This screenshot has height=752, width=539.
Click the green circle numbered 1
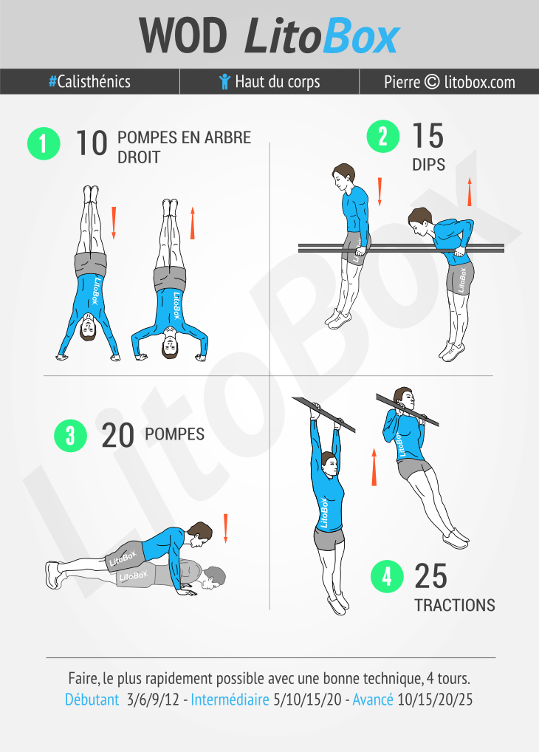click(x=44, y=143)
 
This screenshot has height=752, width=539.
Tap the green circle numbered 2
click(x=382, y=137)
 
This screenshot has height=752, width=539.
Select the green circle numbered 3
click(x=70, y=436)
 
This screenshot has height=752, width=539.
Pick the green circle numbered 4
click(x=387, y=576)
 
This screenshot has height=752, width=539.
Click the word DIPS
click(x=429, y=165)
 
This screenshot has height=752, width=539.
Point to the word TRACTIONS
click(x=455, y=605)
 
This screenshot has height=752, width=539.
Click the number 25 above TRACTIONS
click(x=430, y=576)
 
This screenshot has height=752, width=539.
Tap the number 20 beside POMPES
click(x=117, y=436)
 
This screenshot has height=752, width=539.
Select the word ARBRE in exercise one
click(x=227, y=137)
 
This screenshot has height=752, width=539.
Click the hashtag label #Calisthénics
click(x=89, y=81)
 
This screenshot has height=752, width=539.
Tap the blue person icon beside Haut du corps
click(x=224, y=81)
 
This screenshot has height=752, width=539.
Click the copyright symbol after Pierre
click(x=432, y=81)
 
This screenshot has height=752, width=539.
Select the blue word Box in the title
click(x=361, y=36)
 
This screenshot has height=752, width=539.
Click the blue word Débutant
click(x=92, y=700)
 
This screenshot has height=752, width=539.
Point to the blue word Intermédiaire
click(x=230, y=700)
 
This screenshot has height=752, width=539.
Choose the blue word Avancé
click(x=373, y=700)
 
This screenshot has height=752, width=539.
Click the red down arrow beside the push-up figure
click(x=225, y=528)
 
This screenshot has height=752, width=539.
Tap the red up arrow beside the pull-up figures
click(x=374, y=467)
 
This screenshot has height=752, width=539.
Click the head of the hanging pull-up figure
click(x=329, y=464)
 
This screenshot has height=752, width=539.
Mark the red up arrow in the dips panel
click(x=470, y=192)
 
